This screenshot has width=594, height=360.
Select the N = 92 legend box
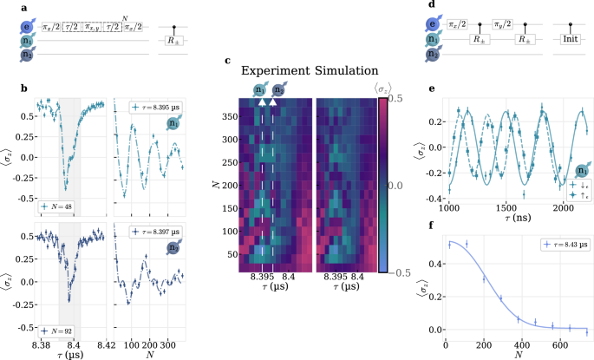click(56, 330)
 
